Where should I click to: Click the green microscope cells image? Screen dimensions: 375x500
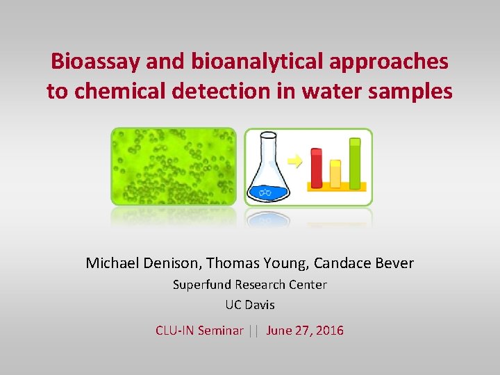[174, 167]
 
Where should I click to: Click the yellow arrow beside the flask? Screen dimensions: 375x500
[295, 162]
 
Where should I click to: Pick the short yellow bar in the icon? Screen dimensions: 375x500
[335, 174]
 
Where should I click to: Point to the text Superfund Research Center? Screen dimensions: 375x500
[249, 285]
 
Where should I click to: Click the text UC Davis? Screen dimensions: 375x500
[249, 305]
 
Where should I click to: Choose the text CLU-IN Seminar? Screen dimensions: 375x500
[199, 331]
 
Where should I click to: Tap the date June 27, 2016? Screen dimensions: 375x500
[305, 331]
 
